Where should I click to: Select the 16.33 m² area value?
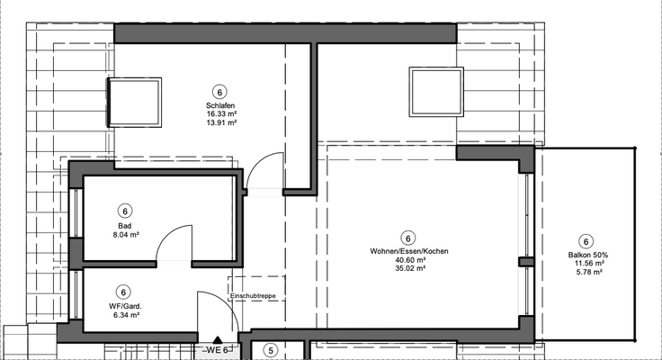pyautogui.click(x=220, y=114)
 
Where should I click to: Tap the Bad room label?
pyautogui.click(x=124, y=225)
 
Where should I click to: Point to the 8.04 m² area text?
pyautogui.click(x=124, y=234)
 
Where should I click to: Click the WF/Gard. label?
pyautogui.click(x=124, y=307)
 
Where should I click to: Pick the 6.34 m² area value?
pyautogui.click(x=124, y=316)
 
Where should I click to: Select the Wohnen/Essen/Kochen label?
pyautogui.click(x=409, y=251)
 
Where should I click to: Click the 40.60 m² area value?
pyautogui.click(x=409, y=259)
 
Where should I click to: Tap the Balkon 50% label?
pyautogui.click(x=587, y=256)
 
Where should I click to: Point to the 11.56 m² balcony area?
pyautogui.click(x=587, y=264)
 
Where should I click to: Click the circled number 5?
pyautogui.click(x=270, y=352)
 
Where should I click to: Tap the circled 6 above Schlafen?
pyautogui.click(x=219, y=91)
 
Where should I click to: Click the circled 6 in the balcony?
pyautogui.click(x=586, y=240)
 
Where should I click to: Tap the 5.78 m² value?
pyautogui.click(x=587, y=273)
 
